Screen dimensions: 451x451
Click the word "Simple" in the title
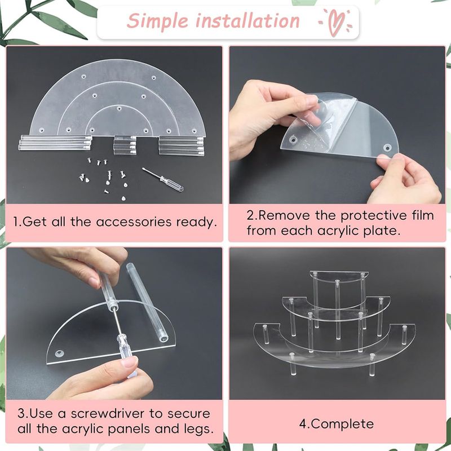point(158,21)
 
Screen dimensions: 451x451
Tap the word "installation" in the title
point(247,21)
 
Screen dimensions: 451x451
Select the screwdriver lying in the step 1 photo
point(162,180)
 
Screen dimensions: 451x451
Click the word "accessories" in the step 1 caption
point(134,222)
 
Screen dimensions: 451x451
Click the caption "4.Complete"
point(336,424)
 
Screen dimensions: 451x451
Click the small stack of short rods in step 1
point(125,145)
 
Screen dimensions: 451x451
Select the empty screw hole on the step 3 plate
point(60,353)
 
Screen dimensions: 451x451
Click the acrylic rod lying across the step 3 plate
point(147,302)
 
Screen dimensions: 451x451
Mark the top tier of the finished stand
point(339,276)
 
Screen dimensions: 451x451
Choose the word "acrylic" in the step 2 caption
point(338,231)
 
